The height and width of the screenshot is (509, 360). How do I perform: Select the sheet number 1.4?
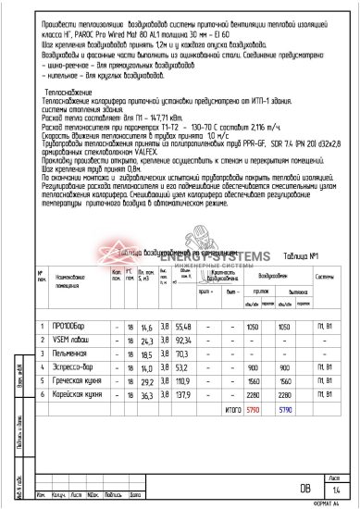(336, 489)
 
